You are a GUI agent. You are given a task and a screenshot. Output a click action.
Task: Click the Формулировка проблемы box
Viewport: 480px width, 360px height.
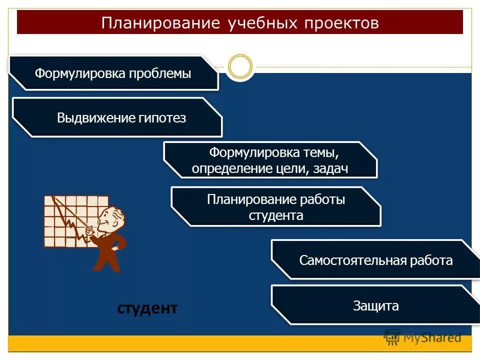(114, 73)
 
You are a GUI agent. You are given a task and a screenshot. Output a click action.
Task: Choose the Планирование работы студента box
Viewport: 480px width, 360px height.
(276, 207)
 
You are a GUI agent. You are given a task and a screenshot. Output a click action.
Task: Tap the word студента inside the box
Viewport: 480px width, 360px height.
(276, 215)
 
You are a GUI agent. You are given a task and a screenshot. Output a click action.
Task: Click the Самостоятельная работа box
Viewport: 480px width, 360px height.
(375, 260)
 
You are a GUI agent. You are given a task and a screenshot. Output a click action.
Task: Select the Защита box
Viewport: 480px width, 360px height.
(375, 305)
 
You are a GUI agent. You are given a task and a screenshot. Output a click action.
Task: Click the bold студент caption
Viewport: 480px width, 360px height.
(147, 308)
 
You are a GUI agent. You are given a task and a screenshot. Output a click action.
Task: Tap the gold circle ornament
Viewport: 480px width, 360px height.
(240, 66)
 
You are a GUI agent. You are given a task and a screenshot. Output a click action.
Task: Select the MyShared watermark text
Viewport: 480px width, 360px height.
(432, 337)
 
